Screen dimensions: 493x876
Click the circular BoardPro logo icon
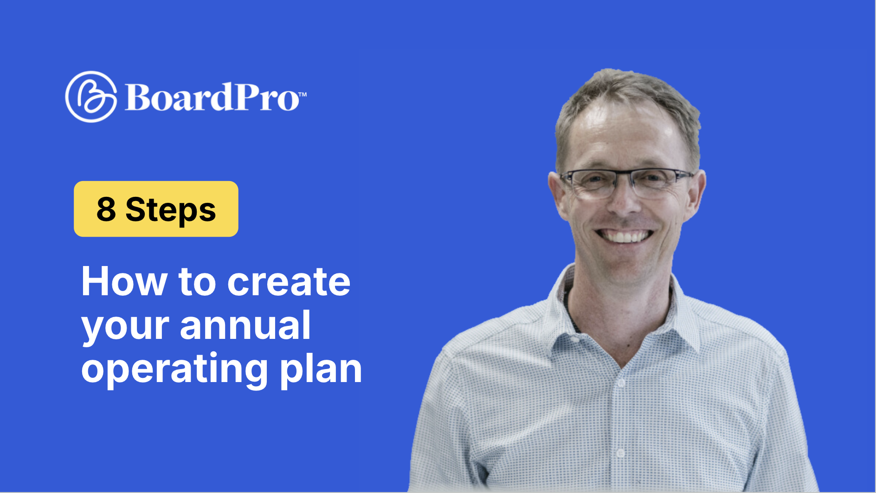91,97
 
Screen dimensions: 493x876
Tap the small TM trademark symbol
302,94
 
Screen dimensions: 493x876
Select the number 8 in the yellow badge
106,209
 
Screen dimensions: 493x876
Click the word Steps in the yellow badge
171,210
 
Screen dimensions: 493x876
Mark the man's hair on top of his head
626,86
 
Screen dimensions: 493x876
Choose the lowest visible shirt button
620,453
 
